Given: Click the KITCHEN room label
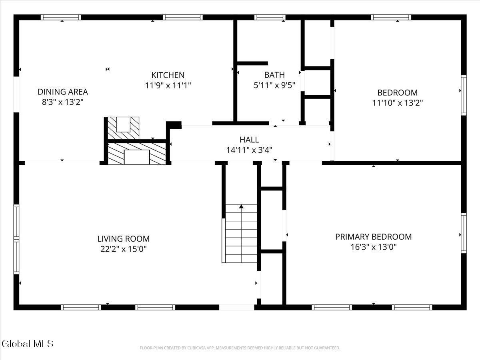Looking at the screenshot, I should pyautogui.click(x=168, y=75).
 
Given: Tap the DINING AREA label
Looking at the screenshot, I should pyautogui.click(x=63, y=92).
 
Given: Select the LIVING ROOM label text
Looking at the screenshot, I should pyautogui.click(x=124, y=239).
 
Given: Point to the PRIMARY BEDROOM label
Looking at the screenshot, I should pyautogui.click(x=373, y=237).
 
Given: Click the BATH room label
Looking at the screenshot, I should pyautogui.click(x=274, y=75).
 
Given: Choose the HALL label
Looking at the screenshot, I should pyautogui.click(x=249, y=140).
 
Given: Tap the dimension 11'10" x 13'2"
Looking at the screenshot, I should pyautogui.click(x=397, y=103).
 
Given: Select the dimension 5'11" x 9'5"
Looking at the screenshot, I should pyautogui.click(x=274, y=85).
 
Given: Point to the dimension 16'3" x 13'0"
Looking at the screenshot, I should pyautogui.click(x=373, y=247).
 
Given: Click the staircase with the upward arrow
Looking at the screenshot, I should pyautogui.click(x=241, y=236).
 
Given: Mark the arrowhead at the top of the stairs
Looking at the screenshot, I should pyautogui.click(x=241, y=206).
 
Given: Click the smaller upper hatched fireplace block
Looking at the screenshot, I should pyautogui.click(x=123, y=128).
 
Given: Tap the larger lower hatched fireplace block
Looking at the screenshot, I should pyautogui.click(x=137, y=154).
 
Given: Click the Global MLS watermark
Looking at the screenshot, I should pyautogui.click(x=27, y=343).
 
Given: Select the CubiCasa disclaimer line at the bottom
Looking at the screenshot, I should pyautogui.click(x=240, y=348).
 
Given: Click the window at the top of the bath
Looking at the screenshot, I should pyautogui.click(x=270, y=17).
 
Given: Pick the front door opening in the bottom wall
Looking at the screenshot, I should pyautogui.click(x=237, y=307).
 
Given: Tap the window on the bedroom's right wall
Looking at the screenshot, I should pyautogui.click(x=464, y=95).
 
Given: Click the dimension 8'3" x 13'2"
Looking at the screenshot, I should pyautogui.click(x=63, y=102).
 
